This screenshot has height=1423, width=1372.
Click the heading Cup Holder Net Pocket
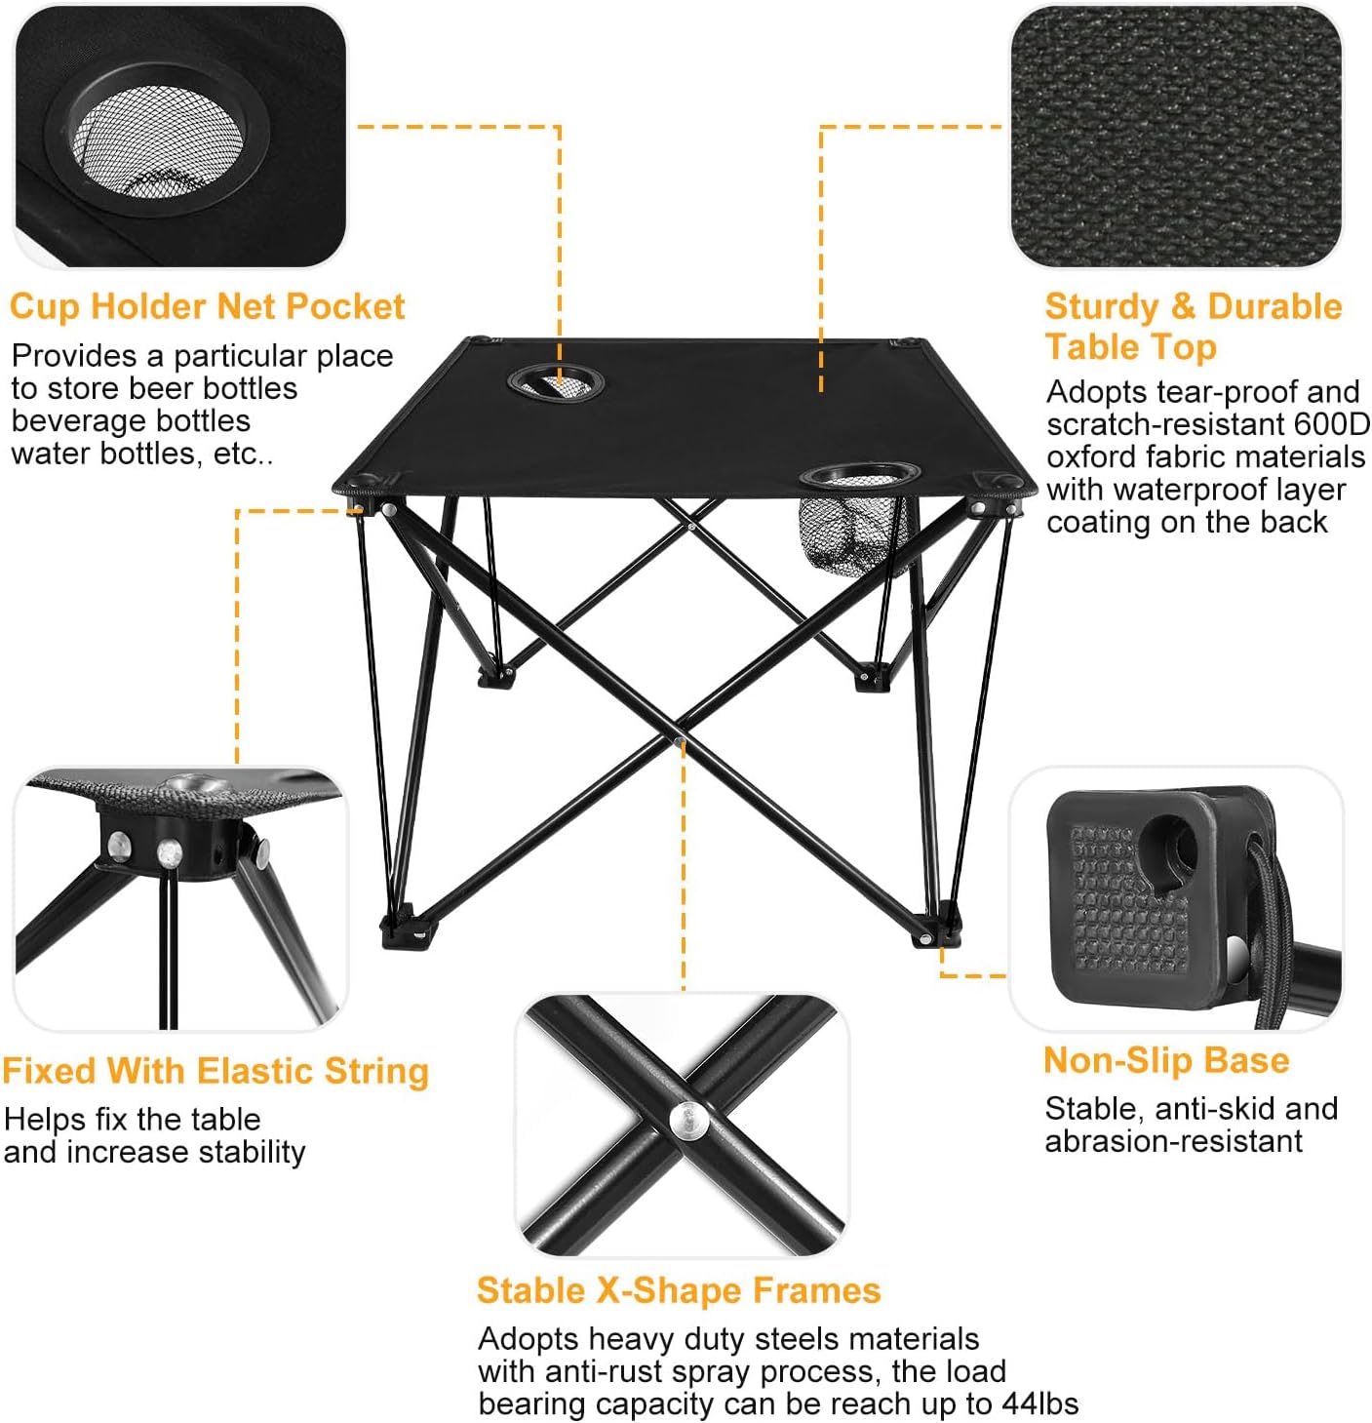[207, 306]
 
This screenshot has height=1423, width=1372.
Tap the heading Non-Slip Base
[1166, 1060]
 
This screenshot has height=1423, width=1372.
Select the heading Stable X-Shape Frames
[679, 1290]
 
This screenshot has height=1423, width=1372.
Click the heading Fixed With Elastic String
[216, 1071]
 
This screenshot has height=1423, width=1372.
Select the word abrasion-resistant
[1173, 1141]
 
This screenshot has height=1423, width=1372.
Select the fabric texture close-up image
[1175, 137]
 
